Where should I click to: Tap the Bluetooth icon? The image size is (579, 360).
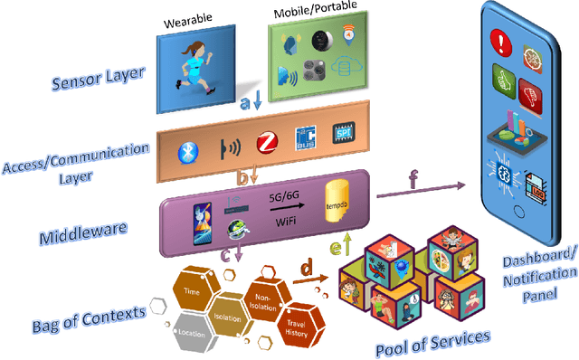point(188,149)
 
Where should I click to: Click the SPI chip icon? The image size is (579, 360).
point(346,137)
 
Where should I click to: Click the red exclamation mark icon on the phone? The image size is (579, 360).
point(503,43)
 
